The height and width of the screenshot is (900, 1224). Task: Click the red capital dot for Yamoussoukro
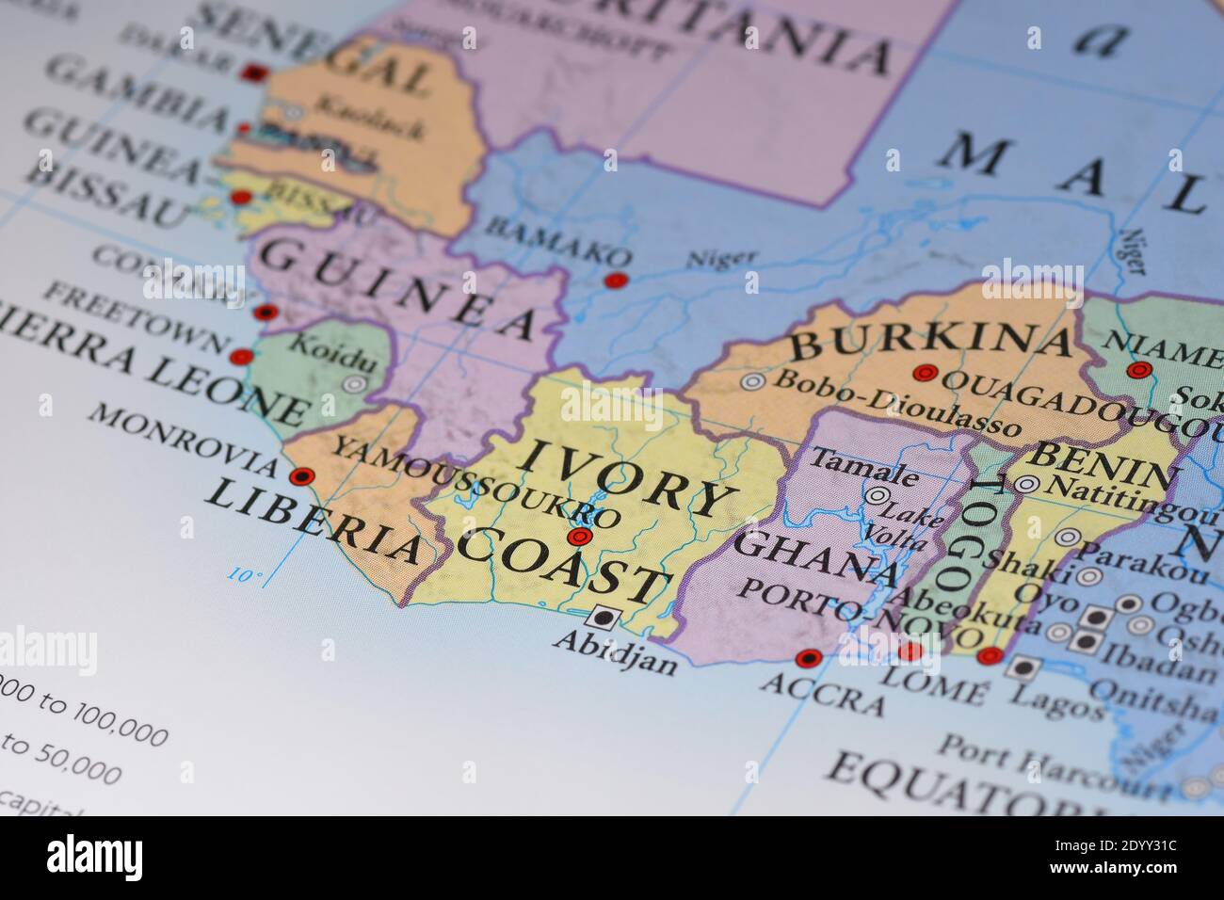coord(580,538)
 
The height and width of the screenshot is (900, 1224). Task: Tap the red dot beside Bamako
coord(615,280)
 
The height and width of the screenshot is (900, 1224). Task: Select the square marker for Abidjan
coord(601,618)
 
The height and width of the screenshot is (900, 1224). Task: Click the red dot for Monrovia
coord(301,476)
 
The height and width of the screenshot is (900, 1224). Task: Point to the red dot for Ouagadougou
coord(925,373)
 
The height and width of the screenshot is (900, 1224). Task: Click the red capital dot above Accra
coord(808,657)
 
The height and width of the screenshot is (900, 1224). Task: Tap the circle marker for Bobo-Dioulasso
coord(752,381)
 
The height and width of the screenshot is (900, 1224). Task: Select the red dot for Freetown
coord(242,357)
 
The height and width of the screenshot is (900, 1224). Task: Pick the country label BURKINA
coord(930,340)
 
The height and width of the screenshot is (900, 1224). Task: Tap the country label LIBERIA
coord(313,521)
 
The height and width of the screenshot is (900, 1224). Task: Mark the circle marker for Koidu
coord(354,384)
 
